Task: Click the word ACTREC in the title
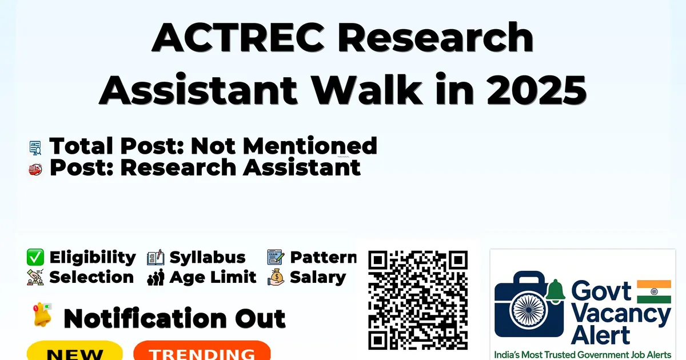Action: (238, 38)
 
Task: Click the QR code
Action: (418, 300)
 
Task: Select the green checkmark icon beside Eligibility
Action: (35, 257)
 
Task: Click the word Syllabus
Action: (208, 258)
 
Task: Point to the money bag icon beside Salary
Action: (276, 277)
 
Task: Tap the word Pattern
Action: (324, 257)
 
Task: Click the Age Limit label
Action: (213, 277)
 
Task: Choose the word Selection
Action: (91, 277)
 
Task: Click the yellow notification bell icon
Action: (42, 314)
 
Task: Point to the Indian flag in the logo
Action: (654, 291)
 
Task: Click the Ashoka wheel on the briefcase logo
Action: (529, 310)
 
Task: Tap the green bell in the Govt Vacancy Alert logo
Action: (555, 291)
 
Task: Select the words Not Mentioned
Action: (284, 146)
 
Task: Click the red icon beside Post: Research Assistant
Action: (35, 170)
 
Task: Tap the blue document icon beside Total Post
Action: (35, 147)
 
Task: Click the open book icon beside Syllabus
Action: (155, 258)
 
